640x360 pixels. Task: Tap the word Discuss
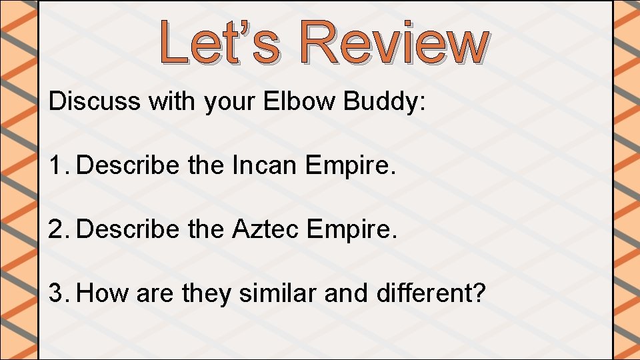point(95,101)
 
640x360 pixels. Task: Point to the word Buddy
point(383,103)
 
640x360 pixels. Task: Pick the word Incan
point(265,165)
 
